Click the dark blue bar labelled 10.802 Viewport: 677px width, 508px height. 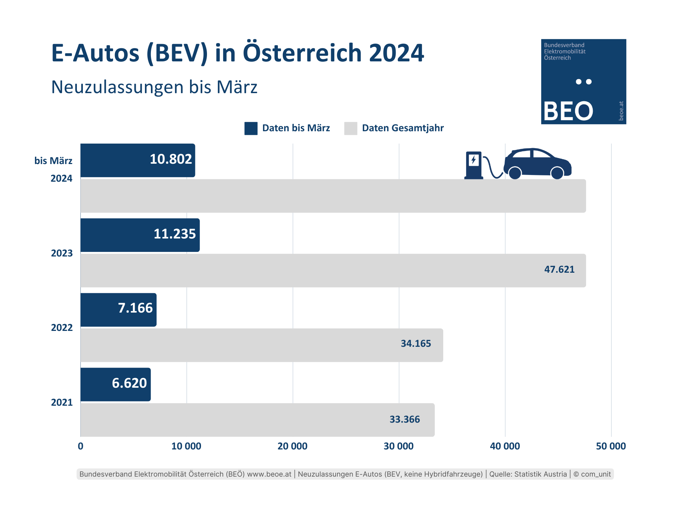click(138, 160)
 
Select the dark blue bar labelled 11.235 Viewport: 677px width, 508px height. click(140, 235)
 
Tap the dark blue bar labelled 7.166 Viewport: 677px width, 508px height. click(118, 310)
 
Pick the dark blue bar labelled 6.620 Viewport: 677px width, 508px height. click(115, 385)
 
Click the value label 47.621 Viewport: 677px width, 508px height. click(559, 270)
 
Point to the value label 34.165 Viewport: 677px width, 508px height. click(416, 344)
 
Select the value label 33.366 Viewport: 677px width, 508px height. click(404, 419)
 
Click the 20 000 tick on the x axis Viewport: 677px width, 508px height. click(292, 446)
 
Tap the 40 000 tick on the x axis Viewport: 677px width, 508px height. click(505, 446)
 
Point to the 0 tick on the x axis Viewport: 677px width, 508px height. click(80, 446)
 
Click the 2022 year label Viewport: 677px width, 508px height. click(62, 328)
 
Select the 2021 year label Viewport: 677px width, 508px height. click(62, 403)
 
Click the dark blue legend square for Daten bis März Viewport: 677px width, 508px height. click(251, 128)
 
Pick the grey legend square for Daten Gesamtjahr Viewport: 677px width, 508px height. click(350, 128)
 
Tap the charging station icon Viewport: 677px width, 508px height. click(474, 165)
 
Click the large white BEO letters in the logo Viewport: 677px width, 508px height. click(568, 111)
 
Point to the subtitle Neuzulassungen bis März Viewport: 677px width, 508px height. click(154, 87)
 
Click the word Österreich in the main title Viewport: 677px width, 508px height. click(302, 53)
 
